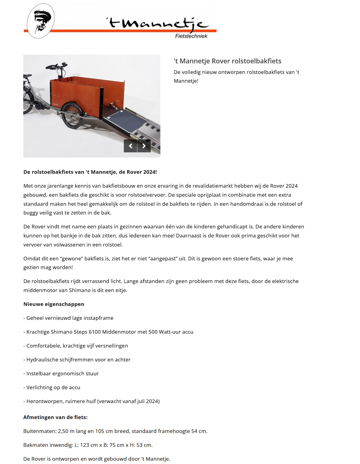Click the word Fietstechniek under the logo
point(191,36)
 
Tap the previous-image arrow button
point(130,146)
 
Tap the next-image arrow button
point(144,146)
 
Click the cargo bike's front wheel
point(72,115)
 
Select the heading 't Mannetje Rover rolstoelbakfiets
point(227,61)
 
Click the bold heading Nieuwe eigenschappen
point(54,304)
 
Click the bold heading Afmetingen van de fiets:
point(55,417)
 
